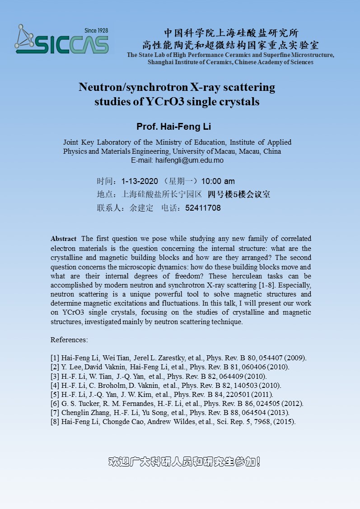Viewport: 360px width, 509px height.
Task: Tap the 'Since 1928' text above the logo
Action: [96, 30]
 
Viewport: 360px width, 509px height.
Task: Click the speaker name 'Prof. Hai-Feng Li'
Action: [173, 127]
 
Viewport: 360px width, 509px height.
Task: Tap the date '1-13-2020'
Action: [140, 181]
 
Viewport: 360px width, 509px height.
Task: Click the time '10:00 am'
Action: [218, 181]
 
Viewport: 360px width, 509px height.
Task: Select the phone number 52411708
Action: [203, 208]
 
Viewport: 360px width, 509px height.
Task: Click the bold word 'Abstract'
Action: [64, 239]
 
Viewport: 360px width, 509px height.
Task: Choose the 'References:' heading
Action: [69, 339]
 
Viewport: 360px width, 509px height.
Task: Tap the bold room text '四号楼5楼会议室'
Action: [239, 195]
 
